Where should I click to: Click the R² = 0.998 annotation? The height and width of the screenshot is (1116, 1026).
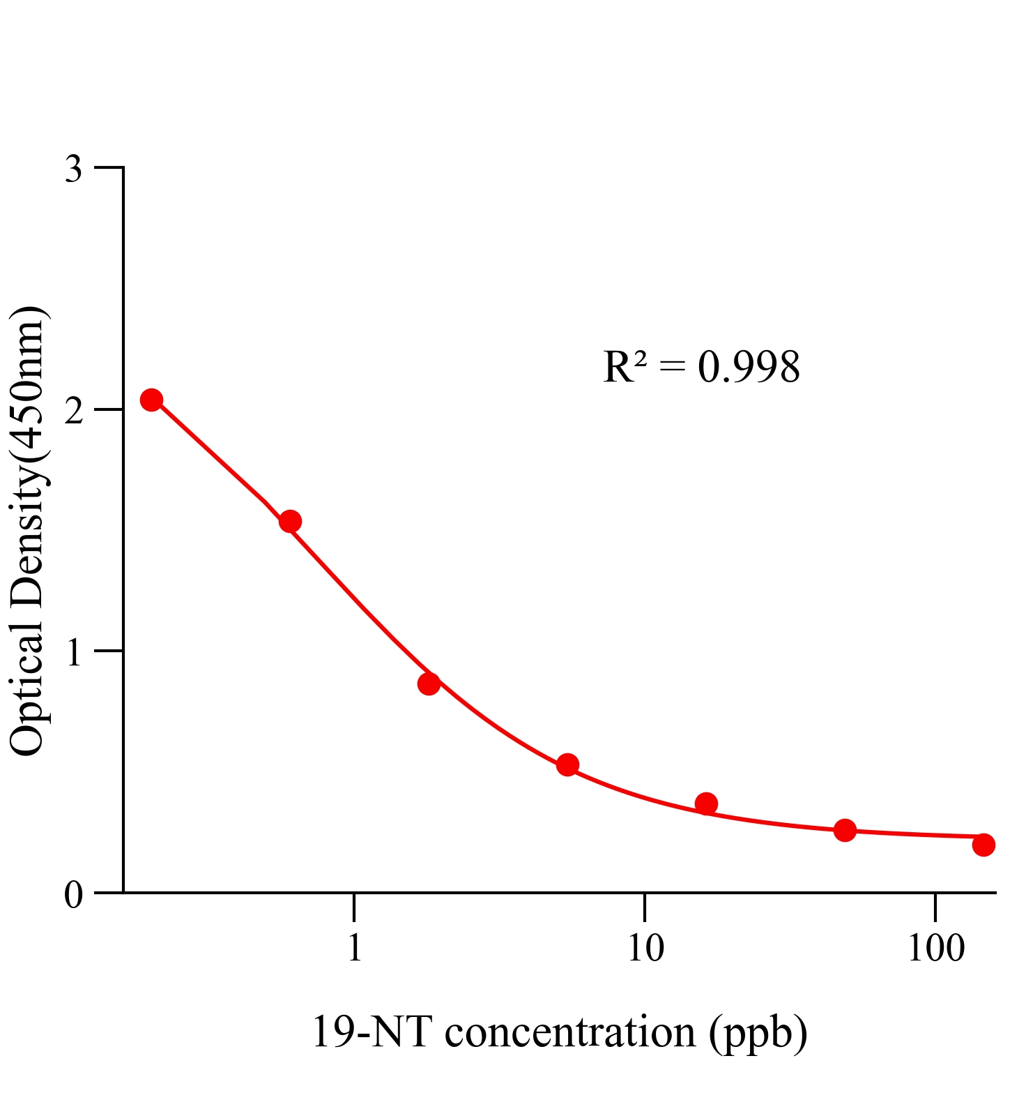(x=701, y=367)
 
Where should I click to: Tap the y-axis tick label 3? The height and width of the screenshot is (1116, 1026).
(x=73, y=169)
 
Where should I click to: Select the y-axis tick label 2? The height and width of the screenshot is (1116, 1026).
(x=73, y=411)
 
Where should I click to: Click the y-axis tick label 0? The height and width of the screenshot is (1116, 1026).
(x=73, y=894)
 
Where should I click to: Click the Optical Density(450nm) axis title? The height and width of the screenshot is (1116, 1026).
(x=28, y=530)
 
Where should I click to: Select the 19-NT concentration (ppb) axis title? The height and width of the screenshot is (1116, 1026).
(x=559, y=1032)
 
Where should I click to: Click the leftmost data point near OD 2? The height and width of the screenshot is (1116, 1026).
(x=151, y=400)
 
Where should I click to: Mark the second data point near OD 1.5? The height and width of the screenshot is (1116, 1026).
(x=290, y=521)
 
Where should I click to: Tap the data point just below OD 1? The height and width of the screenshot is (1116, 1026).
(x=429, y=684)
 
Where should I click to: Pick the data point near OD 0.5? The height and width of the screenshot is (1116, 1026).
(x=567, y=764)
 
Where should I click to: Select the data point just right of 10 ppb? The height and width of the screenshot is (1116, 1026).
(x=706, y=804)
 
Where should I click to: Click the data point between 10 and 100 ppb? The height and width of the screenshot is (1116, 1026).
(x=845, y=830)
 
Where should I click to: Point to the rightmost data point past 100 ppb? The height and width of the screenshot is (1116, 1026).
(x=983, y=845)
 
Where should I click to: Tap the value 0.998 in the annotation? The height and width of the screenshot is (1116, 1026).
(x=749, y=367)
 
